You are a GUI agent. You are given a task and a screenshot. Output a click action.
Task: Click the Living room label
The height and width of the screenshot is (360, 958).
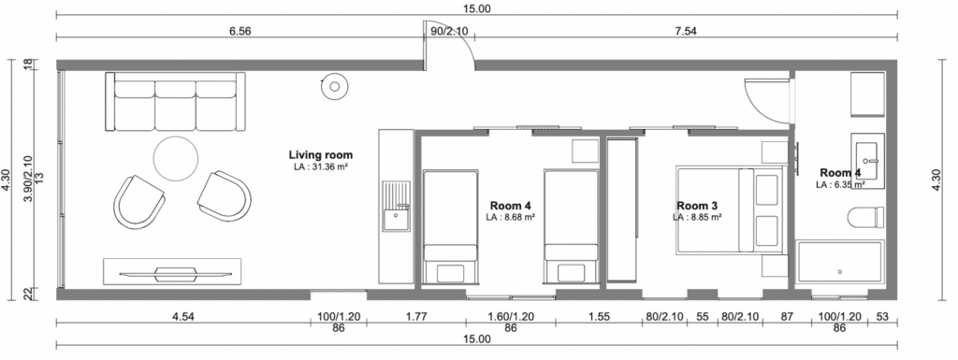[x=320, y=155]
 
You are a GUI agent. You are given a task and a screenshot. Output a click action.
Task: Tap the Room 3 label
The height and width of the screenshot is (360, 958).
[x=697, y=206]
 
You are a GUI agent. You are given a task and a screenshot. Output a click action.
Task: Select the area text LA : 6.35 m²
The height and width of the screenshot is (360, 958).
[x=840, y=183]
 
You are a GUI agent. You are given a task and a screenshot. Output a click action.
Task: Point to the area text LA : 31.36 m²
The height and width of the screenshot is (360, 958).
[x=320, y=166]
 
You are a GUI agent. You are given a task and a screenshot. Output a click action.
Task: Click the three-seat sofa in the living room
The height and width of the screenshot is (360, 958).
[x=175, y=101]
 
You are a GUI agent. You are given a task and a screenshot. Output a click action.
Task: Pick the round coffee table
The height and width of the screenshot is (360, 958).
[x=175, y=159]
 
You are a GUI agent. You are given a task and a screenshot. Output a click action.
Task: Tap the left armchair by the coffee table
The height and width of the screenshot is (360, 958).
[x=138, y=201]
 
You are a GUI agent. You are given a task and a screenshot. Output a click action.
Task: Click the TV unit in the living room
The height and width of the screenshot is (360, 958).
[x=172, y=271]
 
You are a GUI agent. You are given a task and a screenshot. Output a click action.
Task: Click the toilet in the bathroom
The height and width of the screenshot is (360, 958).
[x=866, y=217]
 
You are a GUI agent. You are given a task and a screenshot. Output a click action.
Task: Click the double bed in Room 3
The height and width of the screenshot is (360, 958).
[x=730, y=209]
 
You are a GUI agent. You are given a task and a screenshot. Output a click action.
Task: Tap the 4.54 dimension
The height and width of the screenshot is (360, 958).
[x=183, y=316]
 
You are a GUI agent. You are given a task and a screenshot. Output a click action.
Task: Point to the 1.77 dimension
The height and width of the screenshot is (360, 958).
[x=416, y=316]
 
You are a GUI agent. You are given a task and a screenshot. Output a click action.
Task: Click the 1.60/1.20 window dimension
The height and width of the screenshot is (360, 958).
[x=511, y=316]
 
